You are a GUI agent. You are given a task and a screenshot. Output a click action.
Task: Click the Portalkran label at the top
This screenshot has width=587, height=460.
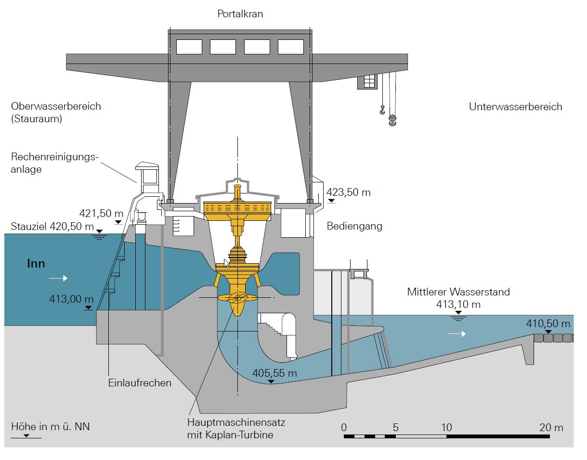240,14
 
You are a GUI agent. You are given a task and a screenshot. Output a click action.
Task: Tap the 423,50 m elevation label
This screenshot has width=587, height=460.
349,192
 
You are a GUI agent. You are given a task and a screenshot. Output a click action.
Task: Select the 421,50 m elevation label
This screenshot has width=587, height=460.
102,213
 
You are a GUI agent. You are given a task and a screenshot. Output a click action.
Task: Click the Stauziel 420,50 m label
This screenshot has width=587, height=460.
52,227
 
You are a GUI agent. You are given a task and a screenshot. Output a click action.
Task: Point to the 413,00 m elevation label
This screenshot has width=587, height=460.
71,299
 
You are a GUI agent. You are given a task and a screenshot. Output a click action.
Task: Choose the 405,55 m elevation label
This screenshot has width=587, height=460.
275,373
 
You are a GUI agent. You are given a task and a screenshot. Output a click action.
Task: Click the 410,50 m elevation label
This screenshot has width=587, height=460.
548,324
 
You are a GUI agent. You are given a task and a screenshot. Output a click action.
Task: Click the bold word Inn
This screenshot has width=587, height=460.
36,264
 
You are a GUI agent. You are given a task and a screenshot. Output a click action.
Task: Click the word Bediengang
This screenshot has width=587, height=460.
354,226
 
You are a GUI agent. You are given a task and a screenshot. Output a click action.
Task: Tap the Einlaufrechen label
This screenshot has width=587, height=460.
140,383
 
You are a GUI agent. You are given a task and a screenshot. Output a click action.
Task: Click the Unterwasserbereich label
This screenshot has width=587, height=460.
515,107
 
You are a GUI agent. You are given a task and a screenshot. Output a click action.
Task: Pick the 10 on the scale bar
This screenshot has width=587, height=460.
446,427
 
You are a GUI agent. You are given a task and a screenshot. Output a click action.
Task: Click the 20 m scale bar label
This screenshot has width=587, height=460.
551,427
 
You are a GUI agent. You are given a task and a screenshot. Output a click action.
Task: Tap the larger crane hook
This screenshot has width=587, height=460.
392,120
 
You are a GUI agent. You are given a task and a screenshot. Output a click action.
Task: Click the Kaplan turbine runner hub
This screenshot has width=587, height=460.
237,298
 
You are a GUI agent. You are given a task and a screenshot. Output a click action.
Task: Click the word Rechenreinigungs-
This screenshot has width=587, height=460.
54,157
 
